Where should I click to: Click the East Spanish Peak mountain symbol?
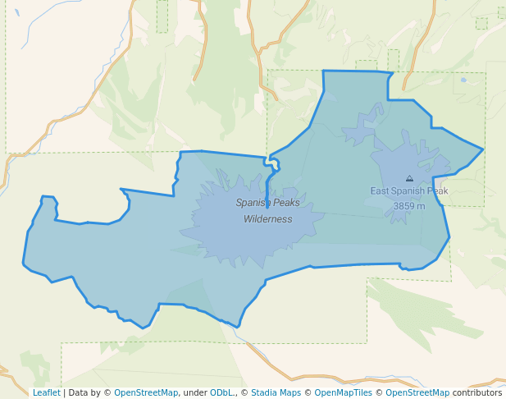coord(409,177)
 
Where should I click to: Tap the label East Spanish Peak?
coord(408,191)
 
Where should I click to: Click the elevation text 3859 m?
coord(408,206)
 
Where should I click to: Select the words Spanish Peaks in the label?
coord(267,203)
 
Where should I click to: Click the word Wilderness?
coord(267,219)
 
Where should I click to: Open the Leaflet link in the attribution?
coord(46,392)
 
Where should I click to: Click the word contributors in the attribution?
coord(477,392)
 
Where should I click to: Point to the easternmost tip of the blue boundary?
coord(483,149)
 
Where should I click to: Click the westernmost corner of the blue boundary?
coord(23,264)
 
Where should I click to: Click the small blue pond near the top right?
coord(463,80)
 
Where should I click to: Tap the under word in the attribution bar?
coord(194,392)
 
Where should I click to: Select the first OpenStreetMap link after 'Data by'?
coord(146,392)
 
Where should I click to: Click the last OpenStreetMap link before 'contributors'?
coord(417,392)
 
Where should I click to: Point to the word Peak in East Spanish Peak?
coord(435,191)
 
